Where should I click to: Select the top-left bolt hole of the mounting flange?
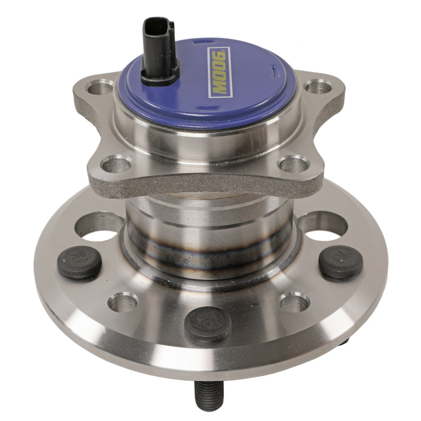(101, 86)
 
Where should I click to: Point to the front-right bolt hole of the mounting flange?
(293, 164)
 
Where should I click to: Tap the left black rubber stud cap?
(79, 262)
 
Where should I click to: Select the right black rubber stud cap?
(340, 262)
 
